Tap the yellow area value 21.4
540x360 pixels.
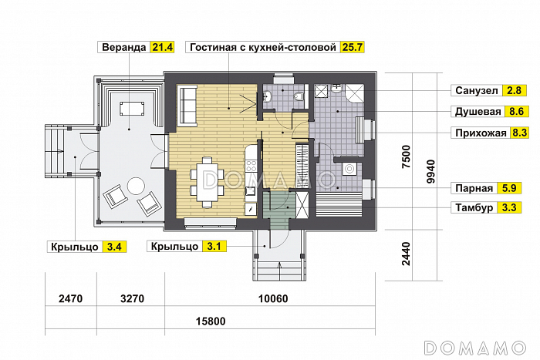(163, 48)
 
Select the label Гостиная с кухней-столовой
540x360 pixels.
(262, 48)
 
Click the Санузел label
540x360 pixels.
(477, 90)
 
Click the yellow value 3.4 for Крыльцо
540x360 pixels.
(113, 247)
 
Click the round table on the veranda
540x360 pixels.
(136, 186)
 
